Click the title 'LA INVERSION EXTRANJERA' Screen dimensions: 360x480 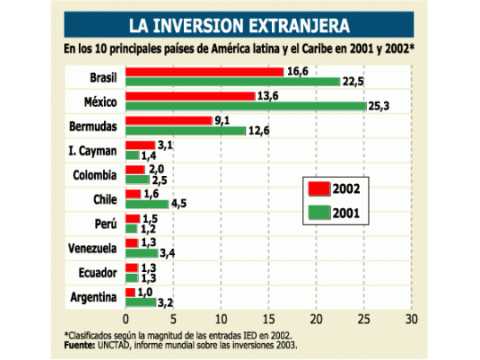tap(238, 24)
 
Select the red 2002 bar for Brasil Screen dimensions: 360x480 tap(204, 71)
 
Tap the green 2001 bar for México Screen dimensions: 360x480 tap(245, 106)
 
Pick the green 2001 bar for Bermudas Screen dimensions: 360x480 tap(186, 131)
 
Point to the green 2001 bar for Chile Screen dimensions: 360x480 tap(147, 203)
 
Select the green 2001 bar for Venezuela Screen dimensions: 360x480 tap(141, 252)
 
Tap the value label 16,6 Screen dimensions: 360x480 tap(298, 70)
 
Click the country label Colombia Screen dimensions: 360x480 tap(93, 174)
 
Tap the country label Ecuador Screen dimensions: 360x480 tap(96, 271)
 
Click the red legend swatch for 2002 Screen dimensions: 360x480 tap(316, 188)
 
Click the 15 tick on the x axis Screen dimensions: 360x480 tap(268, 318)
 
